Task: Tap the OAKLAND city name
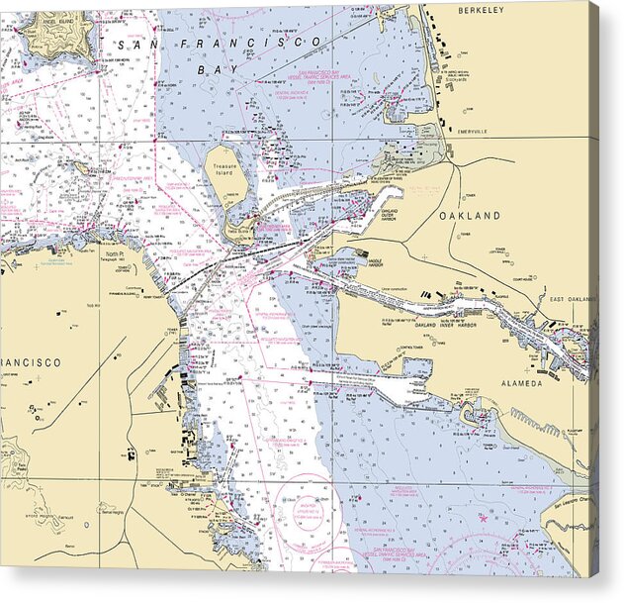(471, 215)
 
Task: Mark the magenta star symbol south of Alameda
(483, 516)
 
